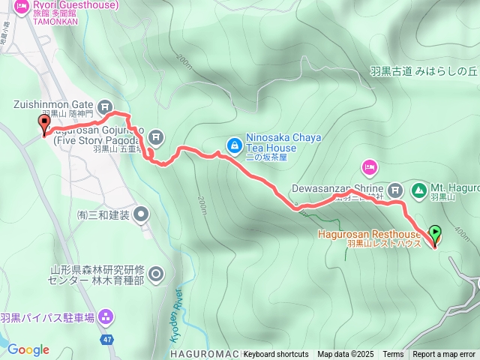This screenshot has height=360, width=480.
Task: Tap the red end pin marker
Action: [43, 124]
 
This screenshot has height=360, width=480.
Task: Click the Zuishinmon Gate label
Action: [51, 106]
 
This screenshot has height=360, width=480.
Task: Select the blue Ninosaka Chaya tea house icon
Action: [235, 143]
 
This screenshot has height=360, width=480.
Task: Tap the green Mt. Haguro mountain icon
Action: [418, 188]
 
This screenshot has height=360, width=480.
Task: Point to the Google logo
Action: [28, 349]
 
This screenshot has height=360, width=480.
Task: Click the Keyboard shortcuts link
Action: [275, 355]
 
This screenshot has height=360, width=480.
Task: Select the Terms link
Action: [393, 355]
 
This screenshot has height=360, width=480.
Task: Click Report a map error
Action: [444, 355]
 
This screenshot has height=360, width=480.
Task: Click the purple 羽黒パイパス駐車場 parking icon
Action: [106, 318]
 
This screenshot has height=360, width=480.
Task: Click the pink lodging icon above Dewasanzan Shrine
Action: [368, 165]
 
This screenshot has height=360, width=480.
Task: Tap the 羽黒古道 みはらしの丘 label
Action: [423, 72]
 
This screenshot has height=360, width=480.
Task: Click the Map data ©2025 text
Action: [345, 355]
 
